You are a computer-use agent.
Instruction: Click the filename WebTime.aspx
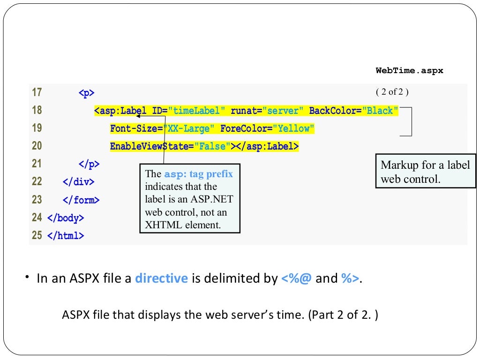(409, 71)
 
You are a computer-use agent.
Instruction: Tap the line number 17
(37, 92)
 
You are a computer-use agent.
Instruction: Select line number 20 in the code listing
(37, 146)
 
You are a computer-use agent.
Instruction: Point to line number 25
(37, 235)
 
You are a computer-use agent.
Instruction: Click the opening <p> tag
(86, 93)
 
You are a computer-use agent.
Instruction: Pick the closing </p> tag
(89, 164)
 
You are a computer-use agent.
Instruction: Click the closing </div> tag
(78, 182)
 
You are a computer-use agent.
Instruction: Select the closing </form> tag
(81, 200)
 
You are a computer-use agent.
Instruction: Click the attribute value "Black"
(382, 111)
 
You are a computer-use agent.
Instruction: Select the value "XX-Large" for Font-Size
(188, 128)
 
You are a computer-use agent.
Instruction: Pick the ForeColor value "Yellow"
(293, 128)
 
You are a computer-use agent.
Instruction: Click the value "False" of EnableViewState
(212, 146)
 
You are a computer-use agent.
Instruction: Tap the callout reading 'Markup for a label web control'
(425, 172)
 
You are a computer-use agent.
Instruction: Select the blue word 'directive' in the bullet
(161, 278)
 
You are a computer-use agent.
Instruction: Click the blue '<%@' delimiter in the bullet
(296, 278)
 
